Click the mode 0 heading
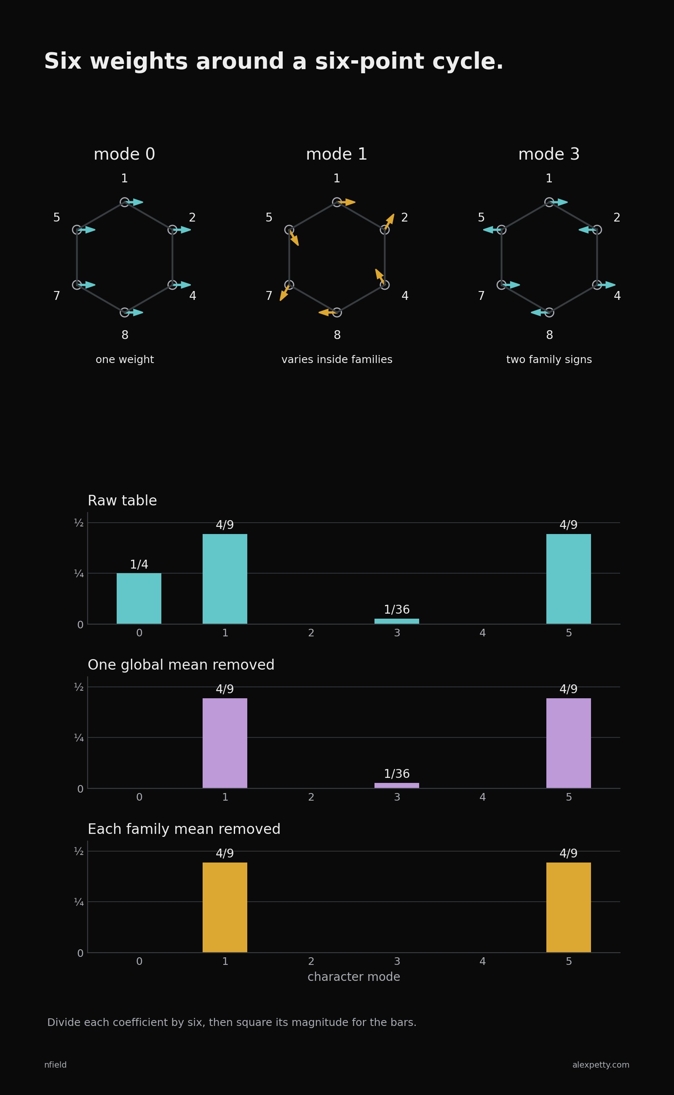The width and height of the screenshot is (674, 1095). (x=124, y=154)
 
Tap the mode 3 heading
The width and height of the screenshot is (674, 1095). (x=549, y=154)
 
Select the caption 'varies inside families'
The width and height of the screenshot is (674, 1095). (x=337, y=360)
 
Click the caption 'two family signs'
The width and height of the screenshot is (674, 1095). (x=549, y=360)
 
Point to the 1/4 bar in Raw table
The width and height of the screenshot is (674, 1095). (x=139, y=598)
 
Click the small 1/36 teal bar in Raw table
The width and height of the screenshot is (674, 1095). (x=397, y=621)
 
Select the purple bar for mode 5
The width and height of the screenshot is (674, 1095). (x=568, y=743)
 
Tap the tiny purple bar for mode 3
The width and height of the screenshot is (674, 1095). (x=397, y=785)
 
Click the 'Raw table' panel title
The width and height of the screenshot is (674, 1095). (x=122, y=501)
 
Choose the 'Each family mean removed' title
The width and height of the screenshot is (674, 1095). (x=184, y=829)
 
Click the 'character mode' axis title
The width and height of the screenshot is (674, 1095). (x=354, y=977)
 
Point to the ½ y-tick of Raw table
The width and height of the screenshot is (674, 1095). (x=79, y=523)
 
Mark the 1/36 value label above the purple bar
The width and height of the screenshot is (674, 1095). (x=397, y=774)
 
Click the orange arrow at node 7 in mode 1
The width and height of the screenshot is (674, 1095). (x=284, y=293)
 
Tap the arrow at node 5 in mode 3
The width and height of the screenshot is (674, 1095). (x=492, y=230)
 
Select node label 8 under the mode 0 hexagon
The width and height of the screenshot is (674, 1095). (x=125, y=335)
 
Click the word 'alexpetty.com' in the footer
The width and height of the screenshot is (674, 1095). (x=601, y=1065)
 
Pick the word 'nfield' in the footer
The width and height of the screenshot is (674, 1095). (x=55, y=1065)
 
